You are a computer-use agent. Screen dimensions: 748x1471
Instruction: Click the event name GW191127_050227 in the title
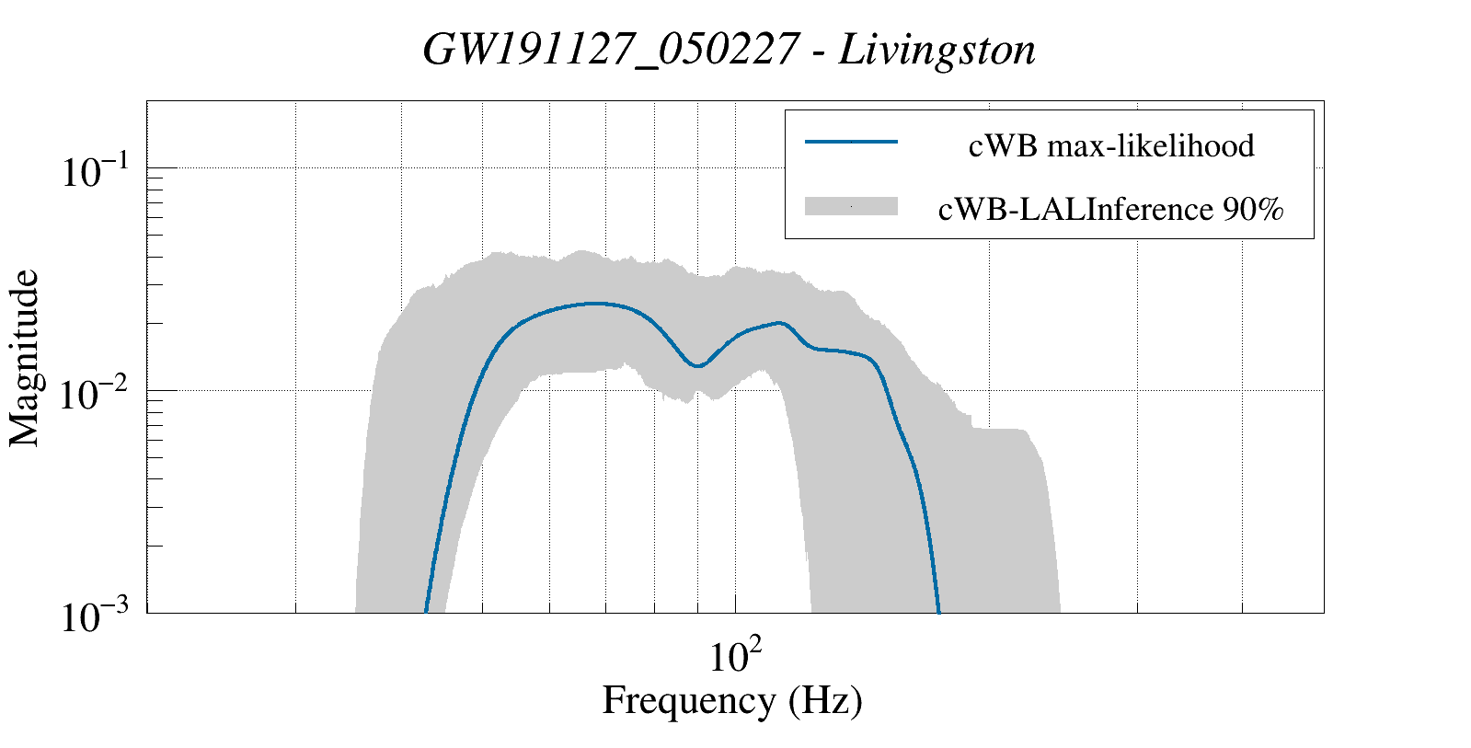608,50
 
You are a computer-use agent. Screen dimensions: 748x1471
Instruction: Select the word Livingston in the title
937,50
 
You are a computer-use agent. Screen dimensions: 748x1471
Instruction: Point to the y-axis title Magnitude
25,358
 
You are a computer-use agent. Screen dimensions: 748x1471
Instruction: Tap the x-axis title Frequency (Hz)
731,700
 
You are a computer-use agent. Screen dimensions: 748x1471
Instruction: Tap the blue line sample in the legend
850,142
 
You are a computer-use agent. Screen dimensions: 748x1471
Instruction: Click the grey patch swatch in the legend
850,206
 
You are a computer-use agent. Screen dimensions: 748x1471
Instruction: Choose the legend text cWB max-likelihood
1111,145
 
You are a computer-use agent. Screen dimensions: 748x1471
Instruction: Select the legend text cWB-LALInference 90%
1110,210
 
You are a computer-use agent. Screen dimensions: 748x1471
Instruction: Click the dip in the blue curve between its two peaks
698,366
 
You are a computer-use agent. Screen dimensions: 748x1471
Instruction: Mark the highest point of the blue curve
596,303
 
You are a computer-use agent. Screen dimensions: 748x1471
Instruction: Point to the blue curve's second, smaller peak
781,323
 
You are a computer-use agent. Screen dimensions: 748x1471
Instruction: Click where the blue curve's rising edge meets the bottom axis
426,611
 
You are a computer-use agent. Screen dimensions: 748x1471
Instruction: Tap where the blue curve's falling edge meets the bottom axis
938,611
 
